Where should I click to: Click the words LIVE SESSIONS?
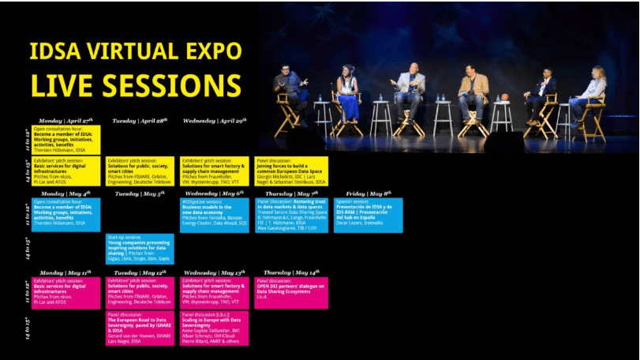136,84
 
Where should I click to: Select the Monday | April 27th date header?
66,121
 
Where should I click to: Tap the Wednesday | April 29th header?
215,121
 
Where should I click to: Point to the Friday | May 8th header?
367,193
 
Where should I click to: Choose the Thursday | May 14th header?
290,272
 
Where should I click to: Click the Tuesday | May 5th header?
139,193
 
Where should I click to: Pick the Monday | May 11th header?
66,272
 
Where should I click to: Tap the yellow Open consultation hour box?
66,139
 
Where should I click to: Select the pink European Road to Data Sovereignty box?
140,328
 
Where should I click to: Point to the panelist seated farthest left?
291,91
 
